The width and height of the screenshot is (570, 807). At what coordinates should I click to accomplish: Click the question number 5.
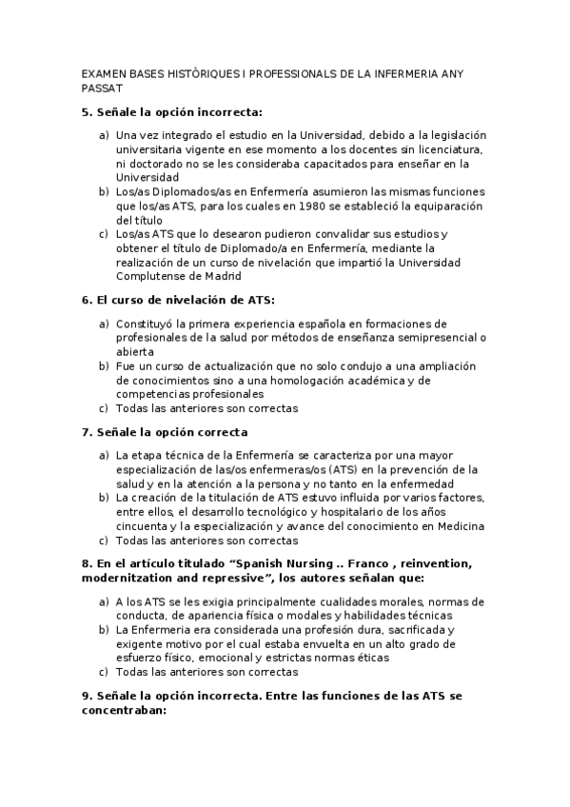(x=86, y=111)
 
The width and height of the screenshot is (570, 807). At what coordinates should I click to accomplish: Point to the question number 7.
(x=86, y=432)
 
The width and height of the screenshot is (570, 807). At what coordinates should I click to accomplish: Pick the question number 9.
(x=86, y=696)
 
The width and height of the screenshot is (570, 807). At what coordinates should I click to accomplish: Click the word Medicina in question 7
(x=461, y=525)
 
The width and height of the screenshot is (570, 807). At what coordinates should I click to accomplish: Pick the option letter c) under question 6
(x=103, y=408)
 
